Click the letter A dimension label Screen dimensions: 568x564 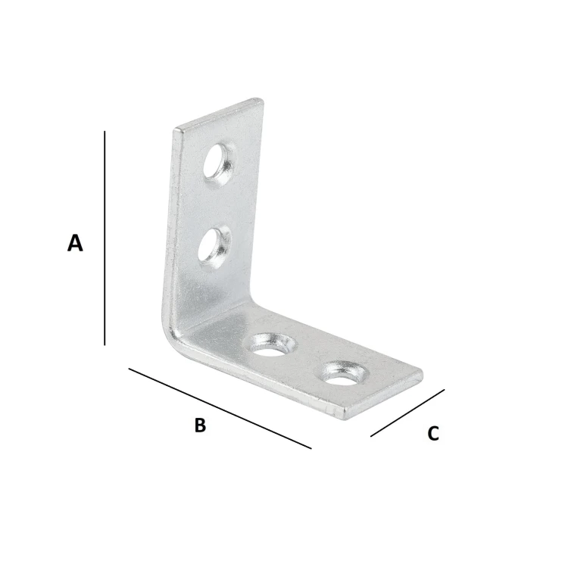[75, 243]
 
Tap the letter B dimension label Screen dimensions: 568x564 [200, 425]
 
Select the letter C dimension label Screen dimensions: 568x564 [433, 433]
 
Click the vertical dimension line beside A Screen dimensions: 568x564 [105, 238]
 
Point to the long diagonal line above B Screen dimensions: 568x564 [220, 408]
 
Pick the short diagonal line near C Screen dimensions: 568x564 [407, 413]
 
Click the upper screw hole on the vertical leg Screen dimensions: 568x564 [217, 164]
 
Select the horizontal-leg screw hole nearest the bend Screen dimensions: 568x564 [270, 345]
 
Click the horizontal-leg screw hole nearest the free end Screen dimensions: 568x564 [342, 373]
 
